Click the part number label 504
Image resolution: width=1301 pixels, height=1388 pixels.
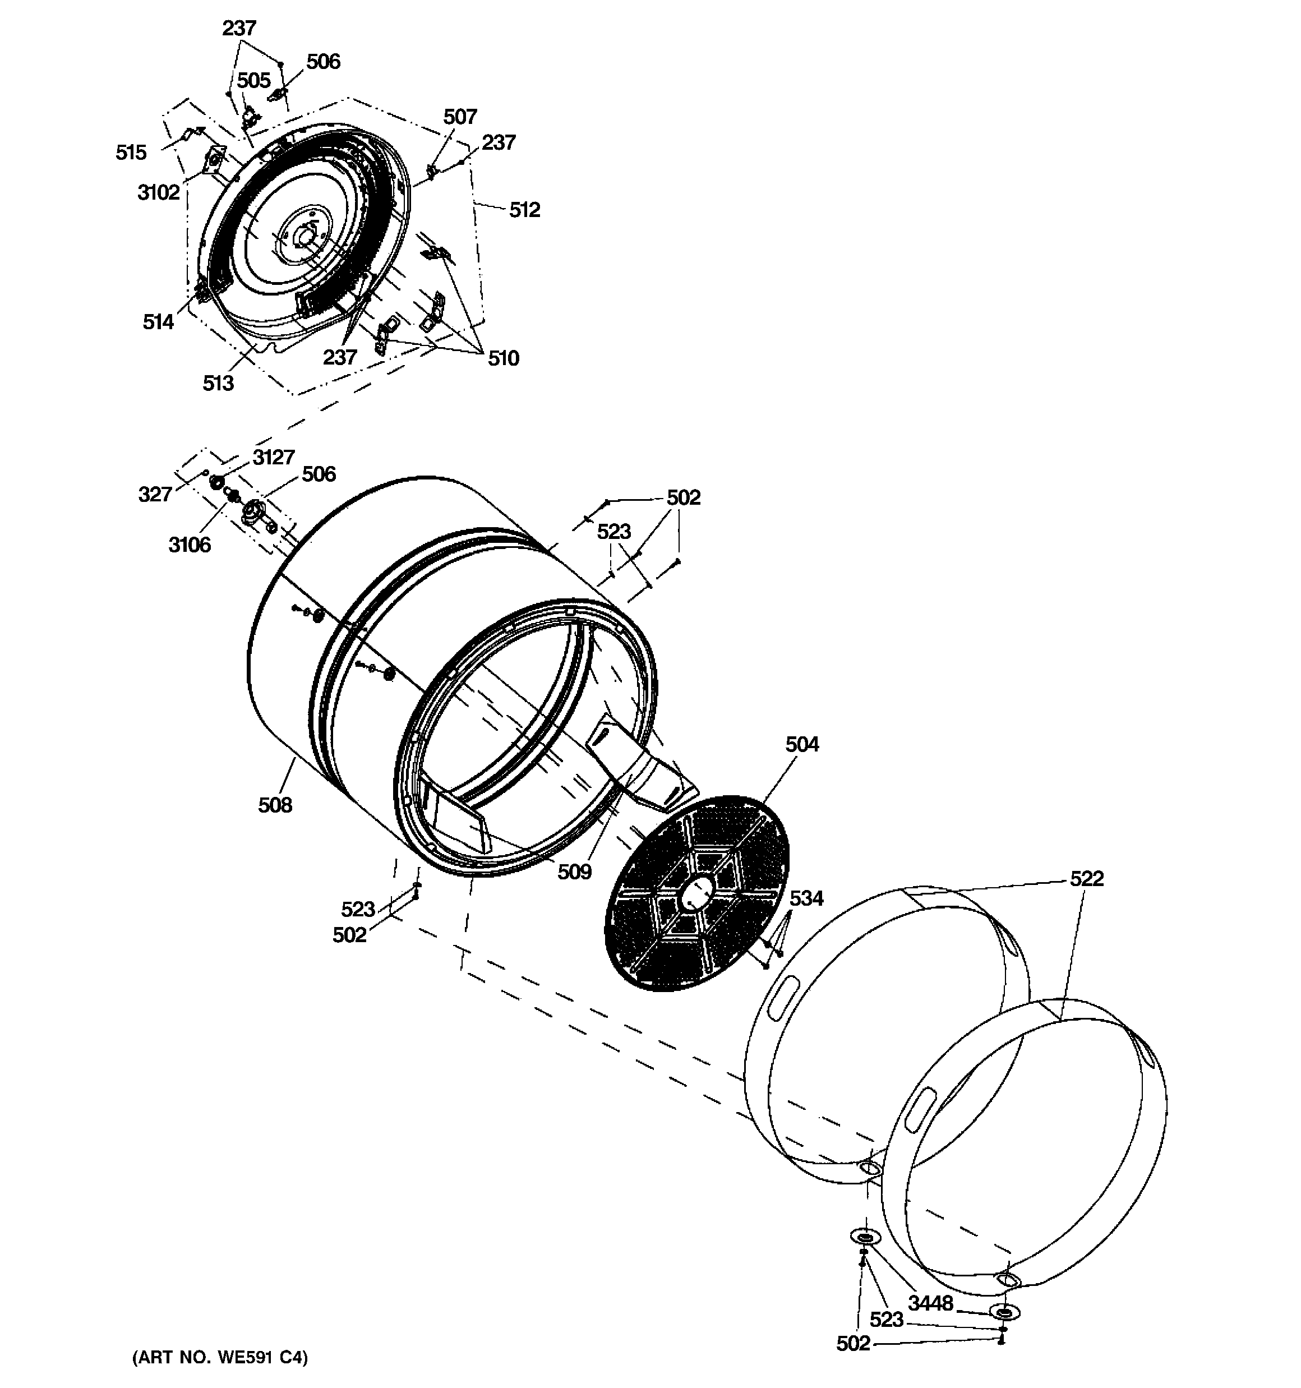(802, 745)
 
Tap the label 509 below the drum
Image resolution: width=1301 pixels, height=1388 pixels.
(574, 872)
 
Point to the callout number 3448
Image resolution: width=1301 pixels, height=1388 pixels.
(930, 1303)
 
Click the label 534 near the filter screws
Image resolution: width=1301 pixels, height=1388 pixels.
(806, 898)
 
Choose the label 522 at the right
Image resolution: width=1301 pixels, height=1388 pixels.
(1087, 878)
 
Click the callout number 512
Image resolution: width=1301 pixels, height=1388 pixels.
(524, 210)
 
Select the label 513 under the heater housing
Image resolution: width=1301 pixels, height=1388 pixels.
(218, 382)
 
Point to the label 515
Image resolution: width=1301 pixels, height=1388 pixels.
(131, 152)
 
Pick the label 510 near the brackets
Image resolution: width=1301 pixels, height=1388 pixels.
(503, 358)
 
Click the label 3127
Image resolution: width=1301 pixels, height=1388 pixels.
(273, 457)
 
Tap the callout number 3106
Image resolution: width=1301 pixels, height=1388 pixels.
(189, 545)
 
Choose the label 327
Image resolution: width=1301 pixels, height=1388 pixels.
(154, 494)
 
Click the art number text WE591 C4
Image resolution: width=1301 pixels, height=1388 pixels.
(219, 1357)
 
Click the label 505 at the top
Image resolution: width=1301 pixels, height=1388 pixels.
(253, 81)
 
